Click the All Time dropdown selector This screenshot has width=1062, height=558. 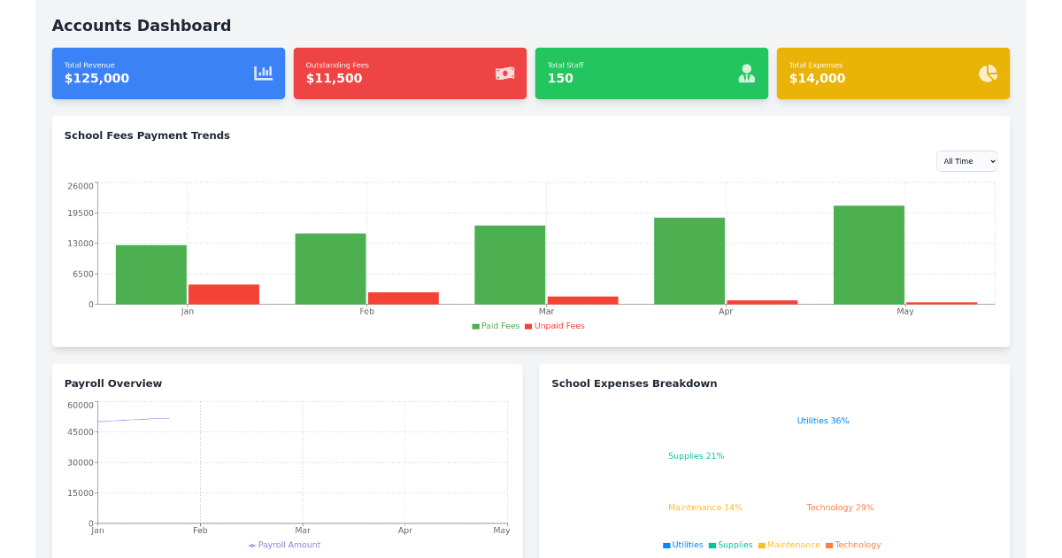pyautogui.click(x=966, y=161)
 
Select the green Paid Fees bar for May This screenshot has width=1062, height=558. pyautogui.click(x=868, y=255)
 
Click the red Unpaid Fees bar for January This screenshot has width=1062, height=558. pyautogui.click(x=224, y=294)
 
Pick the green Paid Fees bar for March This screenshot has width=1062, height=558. pyautogui.click(x=510, y=265)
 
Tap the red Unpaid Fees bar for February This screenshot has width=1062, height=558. pyautogui.click(x=403, y=298)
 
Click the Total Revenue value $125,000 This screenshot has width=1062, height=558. pyautogui.click(x=96, y=79)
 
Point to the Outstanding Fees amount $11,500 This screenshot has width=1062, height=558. pyautogui.click(x=334, y=79)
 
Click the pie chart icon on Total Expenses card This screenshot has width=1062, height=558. pyautogui.click(x=988, y=74)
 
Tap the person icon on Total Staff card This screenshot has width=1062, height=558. pyautogui.click(x=746, y=74)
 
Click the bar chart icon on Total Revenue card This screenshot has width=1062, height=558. pyautogui.click(x=263, y=74)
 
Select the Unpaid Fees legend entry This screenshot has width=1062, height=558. pyautogui.click(x=555, y=326)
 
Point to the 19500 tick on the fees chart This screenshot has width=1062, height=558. pyautogui.click(x=80, y=213)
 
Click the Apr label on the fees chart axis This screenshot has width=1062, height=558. pyautogui.click(x=726, y=312)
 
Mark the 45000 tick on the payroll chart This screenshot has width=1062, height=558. pyautogui.click(x=80, y=432)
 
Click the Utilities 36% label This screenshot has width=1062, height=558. pyautogui.click(x=822, y=421)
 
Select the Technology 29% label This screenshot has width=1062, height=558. pyautogui.click(x=839, y=508)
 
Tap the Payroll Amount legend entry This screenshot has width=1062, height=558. pyautogui.click(x=285, y=545)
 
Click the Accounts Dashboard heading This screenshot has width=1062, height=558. pyautogui.click(x=142, y=26)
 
